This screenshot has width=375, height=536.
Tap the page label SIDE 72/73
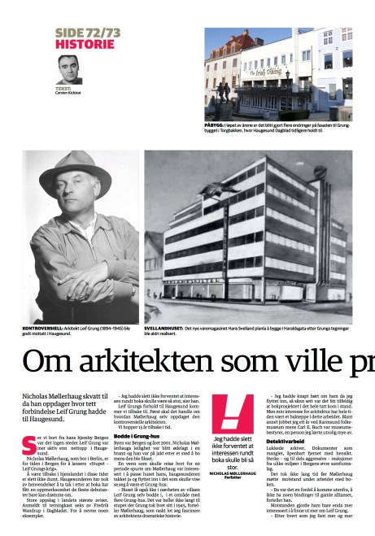pos(87,31)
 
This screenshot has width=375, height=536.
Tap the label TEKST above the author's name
pos(63,88)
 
